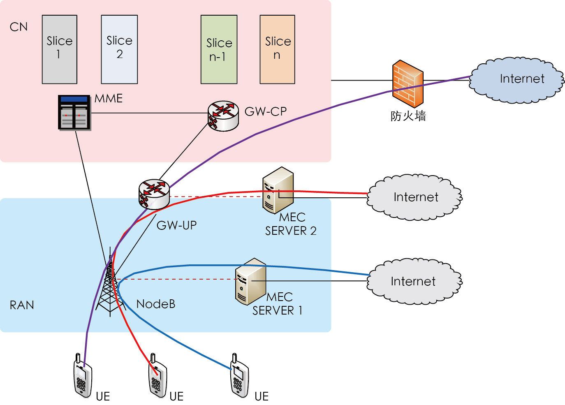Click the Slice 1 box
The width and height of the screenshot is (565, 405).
click(60, 49)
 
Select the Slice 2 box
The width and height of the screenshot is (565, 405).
click(119, 49)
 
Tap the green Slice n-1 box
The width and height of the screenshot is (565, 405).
click(219, 49)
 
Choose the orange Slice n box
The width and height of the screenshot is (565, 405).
click(277, 49)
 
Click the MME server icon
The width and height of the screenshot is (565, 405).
click(74, 113)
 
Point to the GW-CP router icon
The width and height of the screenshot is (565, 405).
click(223, 116)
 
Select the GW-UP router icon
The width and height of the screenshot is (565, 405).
click(154, 194)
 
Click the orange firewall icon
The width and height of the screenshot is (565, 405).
click(408, 84)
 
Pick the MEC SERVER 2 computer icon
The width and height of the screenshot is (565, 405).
click(278, 190)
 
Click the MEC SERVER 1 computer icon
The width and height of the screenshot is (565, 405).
click(250, 281)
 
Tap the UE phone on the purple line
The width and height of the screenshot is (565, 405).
click(83, 376)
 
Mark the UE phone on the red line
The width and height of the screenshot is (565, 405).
click(157, 376)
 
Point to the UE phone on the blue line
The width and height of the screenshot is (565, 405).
click(239, 376)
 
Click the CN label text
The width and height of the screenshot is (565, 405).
click(19, 27)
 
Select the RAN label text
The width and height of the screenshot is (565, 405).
click(22, 305)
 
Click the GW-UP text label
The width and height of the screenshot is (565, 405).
click(177, 225)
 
